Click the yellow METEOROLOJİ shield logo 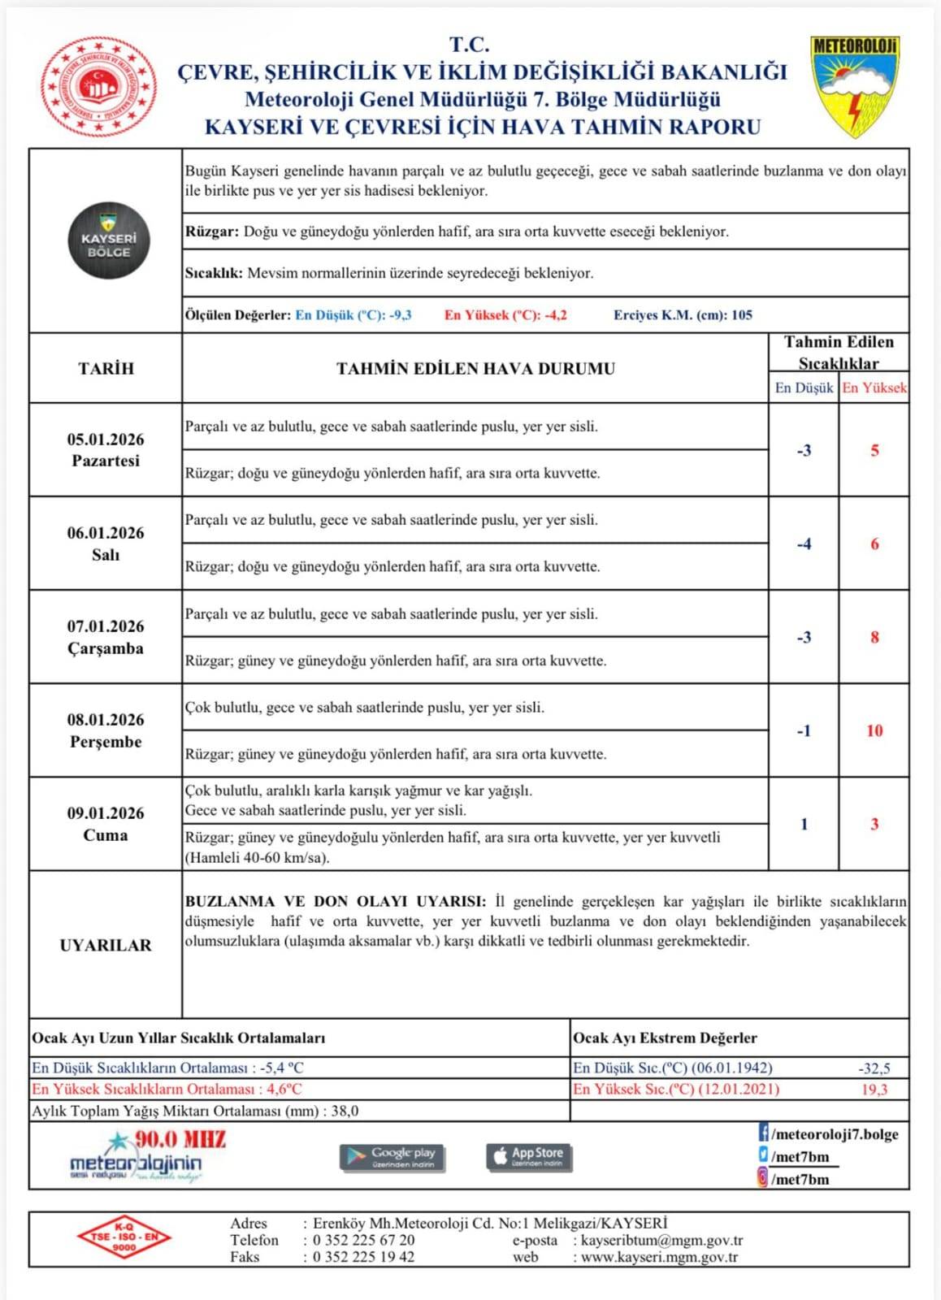point(854,84)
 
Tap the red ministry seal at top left point(98,86)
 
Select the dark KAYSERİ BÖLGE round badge point(108,240)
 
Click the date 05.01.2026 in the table point(106,440)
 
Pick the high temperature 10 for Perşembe point(874,730)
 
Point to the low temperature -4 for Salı point(804,544)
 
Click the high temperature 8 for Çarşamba point(874,637)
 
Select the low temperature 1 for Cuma point(804,824)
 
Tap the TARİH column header point(106,368)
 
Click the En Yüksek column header point(874,388)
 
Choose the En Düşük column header point(804,388)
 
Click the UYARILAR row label point(106,945)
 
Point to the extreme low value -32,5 point(874,1068)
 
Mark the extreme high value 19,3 point(874,1090)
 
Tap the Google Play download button point(392,1157)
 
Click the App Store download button point(529,1157)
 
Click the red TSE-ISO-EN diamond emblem point(124,1237)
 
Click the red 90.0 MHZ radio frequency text point(180,1139)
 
